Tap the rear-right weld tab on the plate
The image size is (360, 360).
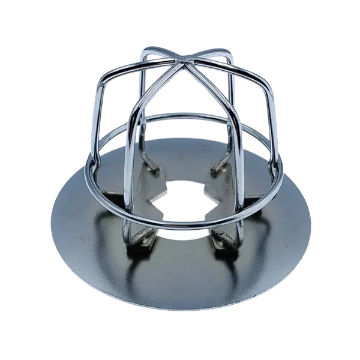(220, 170)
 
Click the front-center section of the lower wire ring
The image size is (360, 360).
(180, 223)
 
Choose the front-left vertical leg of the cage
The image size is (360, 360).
(128, 174)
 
